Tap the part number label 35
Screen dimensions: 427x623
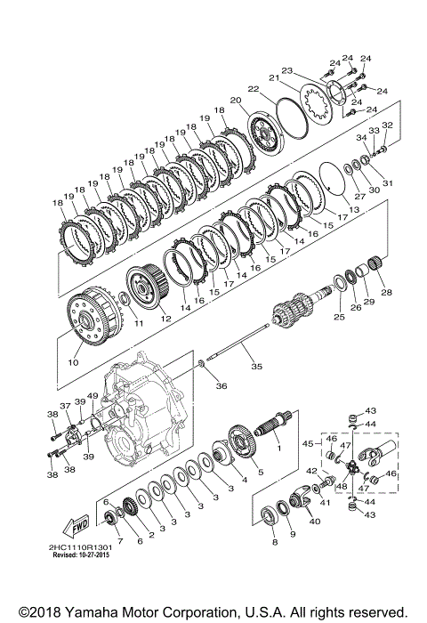(x=256, y=366)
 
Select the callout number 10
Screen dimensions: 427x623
(x=74, y=362)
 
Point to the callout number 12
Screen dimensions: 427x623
(x=165, y=319)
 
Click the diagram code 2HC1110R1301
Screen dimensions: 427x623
(x=81, y=547)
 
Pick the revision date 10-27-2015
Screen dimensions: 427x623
(x=94, y=554)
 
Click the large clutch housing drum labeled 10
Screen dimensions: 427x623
(x=93, y=316)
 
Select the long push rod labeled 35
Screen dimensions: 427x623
(x=238, y=342)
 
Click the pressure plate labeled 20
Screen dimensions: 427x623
(x=267, y=134)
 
